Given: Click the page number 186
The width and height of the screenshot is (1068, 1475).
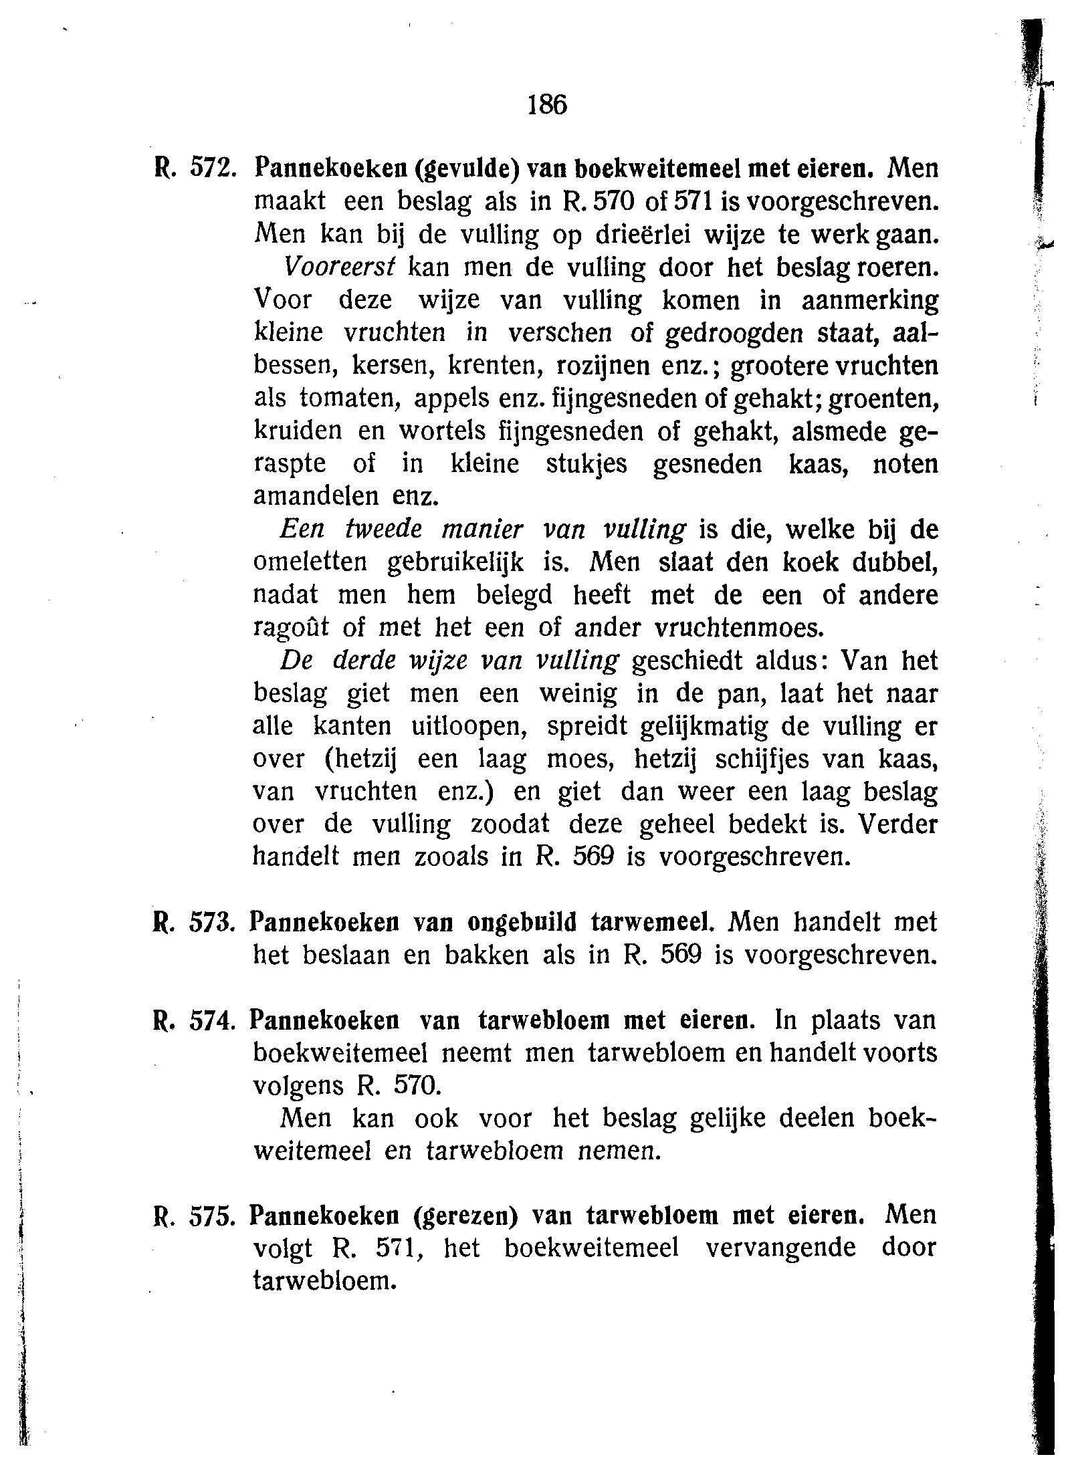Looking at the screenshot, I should (547, 104).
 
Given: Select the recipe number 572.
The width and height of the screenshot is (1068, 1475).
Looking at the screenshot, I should (211, 169).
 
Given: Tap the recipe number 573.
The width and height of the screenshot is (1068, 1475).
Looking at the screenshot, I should (210, 923).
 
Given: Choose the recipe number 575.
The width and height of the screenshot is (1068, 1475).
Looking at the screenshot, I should (211, 1216).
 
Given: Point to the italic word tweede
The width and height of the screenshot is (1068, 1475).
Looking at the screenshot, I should (384, 530).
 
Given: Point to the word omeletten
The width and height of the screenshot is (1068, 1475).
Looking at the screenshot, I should (310, 562).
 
